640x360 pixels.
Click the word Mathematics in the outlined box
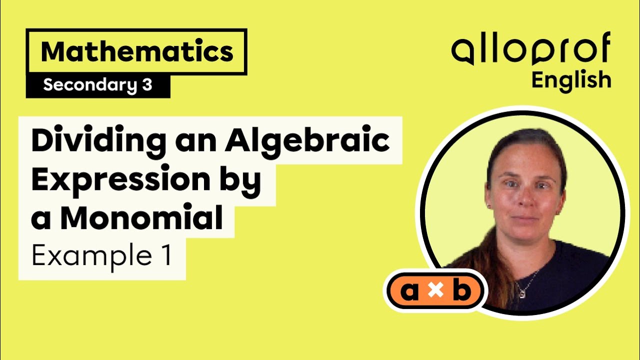pyautogui.click(x=137, y=52)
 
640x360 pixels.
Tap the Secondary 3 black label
pyautogui.click(x=97, y=85)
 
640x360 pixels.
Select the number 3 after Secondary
pyautogui.click(x=146, y=85)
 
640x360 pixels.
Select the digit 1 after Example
pyautogui.click(x=164, y=256)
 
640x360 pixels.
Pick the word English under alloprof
pyautogui.click(x=571, y=80)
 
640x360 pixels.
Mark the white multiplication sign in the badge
pyautogui.click(x=436, y=292)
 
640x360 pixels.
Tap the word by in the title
pyautogui.click(x=244, y=181)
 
